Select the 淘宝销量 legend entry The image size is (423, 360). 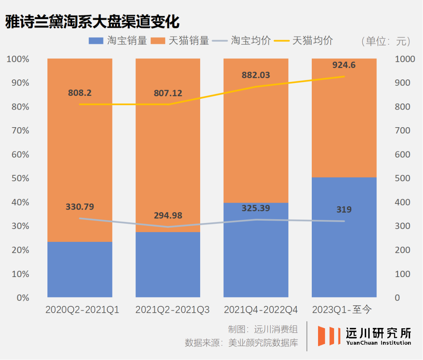point(118,41)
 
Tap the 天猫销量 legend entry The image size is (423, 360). point(180,41)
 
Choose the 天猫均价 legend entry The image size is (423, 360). point(304,41)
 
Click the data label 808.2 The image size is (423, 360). point(80,93)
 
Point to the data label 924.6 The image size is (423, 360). point(344,65)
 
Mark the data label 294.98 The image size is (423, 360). point(168,216)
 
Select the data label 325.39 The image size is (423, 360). point(256,208)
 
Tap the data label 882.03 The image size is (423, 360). point(256,75)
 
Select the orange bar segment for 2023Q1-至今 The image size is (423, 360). point(344,118)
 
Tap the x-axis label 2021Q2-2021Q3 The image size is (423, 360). point(172,310)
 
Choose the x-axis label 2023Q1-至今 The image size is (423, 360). point(342,310)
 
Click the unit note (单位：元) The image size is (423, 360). point(386,41)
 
